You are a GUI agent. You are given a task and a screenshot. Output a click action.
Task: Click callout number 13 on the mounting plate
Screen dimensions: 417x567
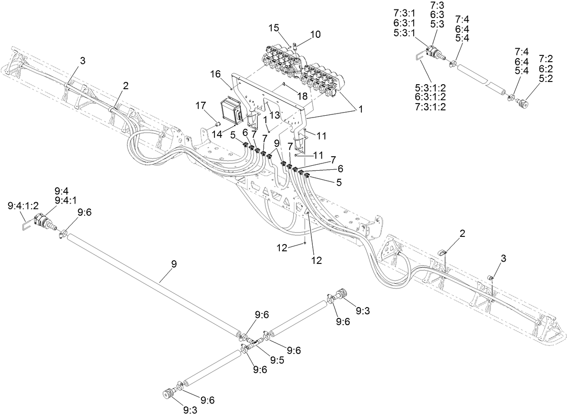274,115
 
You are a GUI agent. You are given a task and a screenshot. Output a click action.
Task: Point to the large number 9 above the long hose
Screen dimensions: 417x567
174,264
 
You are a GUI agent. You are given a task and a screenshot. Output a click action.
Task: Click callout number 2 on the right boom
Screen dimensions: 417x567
462,233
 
